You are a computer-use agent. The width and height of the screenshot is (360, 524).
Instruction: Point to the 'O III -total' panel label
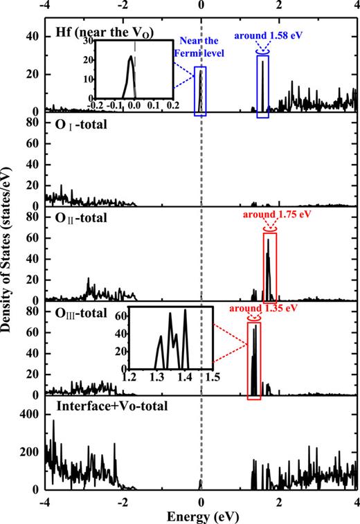pos(83,312)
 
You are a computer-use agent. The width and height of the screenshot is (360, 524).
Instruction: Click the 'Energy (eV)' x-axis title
pos(201,516)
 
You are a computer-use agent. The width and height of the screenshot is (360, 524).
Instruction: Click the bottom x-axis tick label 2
pos(279,502)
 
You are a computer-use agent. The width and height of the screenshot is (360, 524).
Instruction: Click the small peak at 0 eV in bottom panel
pos(201,482)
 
